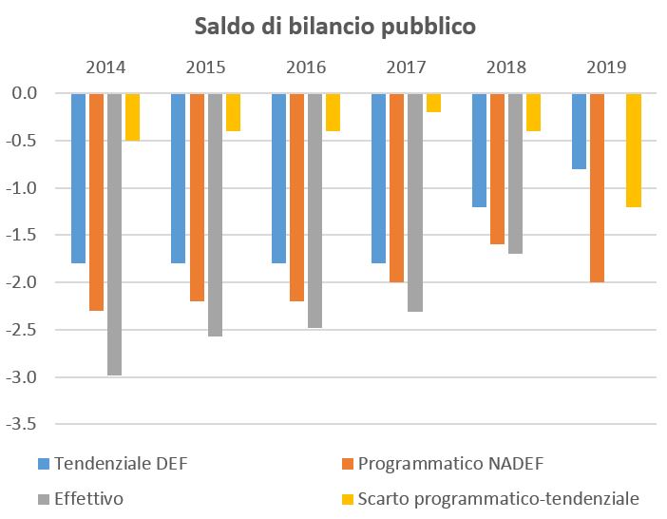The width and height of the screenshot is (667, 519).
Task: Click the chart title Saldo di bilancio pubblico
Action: coord(334,26)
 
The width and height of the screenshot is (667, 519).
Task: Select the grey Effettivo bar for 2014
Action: coord(114,234)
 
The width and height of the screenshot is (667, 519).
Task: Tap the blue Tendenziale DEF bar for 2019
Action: coord(579,131)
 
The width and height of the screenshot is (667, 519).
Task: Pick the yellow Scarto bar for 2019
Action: coord(634,150)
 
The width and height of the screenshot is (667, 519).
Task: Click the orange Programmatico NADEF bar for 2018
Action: coord(498,169)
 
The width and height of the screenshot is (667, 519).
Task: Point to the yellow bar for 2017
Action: coord(433,103)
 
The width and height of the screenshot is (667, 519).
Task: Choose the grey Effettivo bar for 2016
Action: coord(314,210)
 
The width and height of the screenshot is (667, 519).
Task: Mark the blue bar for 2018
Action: coord(479,150)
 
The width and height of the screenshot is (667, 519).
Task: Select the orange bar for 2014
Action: coord(96,202)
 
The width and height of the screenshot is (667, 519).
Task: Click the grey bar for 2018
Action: coord(515,174)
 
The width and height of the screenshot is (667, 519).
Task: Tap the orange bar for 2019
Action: coord(597,188)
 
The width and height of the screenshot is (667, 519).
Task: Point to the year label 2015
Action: coord(205,67)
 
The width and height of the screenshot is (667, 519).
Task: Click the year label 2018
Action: coord(506,67)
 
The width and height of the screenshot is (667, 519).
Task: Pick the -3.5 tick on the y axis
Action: coord(25,425)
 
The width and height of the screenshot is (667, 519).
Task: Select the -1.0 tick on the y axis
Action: coord(25,188)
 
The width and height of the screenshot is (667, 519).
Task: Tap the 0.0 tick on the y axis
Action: coord(27,93)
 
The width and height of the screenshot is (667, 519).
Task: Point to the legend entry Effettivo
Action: coord(89,497)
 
